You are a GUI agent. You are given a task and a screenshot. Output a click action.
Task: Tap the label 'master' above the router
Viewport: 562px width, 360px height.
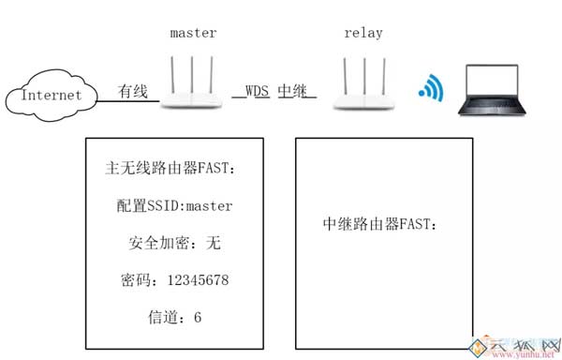[194, 33]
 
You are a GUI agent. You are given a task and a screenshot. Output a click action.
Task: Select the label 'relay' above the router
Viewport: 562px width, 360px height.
[363, 33]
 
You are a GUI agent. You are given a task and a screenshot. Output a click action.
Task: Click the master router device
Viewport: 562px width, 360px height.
[193, 95]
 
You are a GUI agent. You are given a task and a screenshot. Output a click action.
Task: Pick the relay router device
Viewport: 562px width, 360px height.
[363, 95]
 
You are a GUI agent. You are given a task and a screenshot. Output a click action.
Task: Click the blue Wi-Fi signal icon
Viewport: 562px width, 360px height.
[430, 88]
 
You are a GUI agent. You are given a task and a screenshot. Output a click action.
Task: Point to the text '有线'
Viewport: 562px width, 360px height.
[133, 92]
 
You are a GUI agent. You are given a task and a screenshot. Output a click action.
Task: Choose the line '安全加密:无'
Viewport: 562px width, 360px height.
[174, 243]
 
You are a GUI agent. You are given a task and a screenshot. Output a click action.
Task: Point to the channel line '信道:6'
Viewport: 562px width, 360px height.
[174, 317]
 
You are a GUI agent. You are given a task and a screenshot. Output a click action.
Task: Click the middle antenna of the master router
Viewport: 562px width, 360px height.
[193, 75]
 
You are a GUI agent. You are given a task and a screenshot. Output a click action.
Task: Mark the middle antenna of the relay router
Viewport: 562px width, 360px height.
[363, 75]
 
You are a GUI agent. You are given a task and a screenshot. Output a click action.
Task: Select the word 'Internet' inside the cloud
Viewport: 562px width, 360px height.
[51, 95]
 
